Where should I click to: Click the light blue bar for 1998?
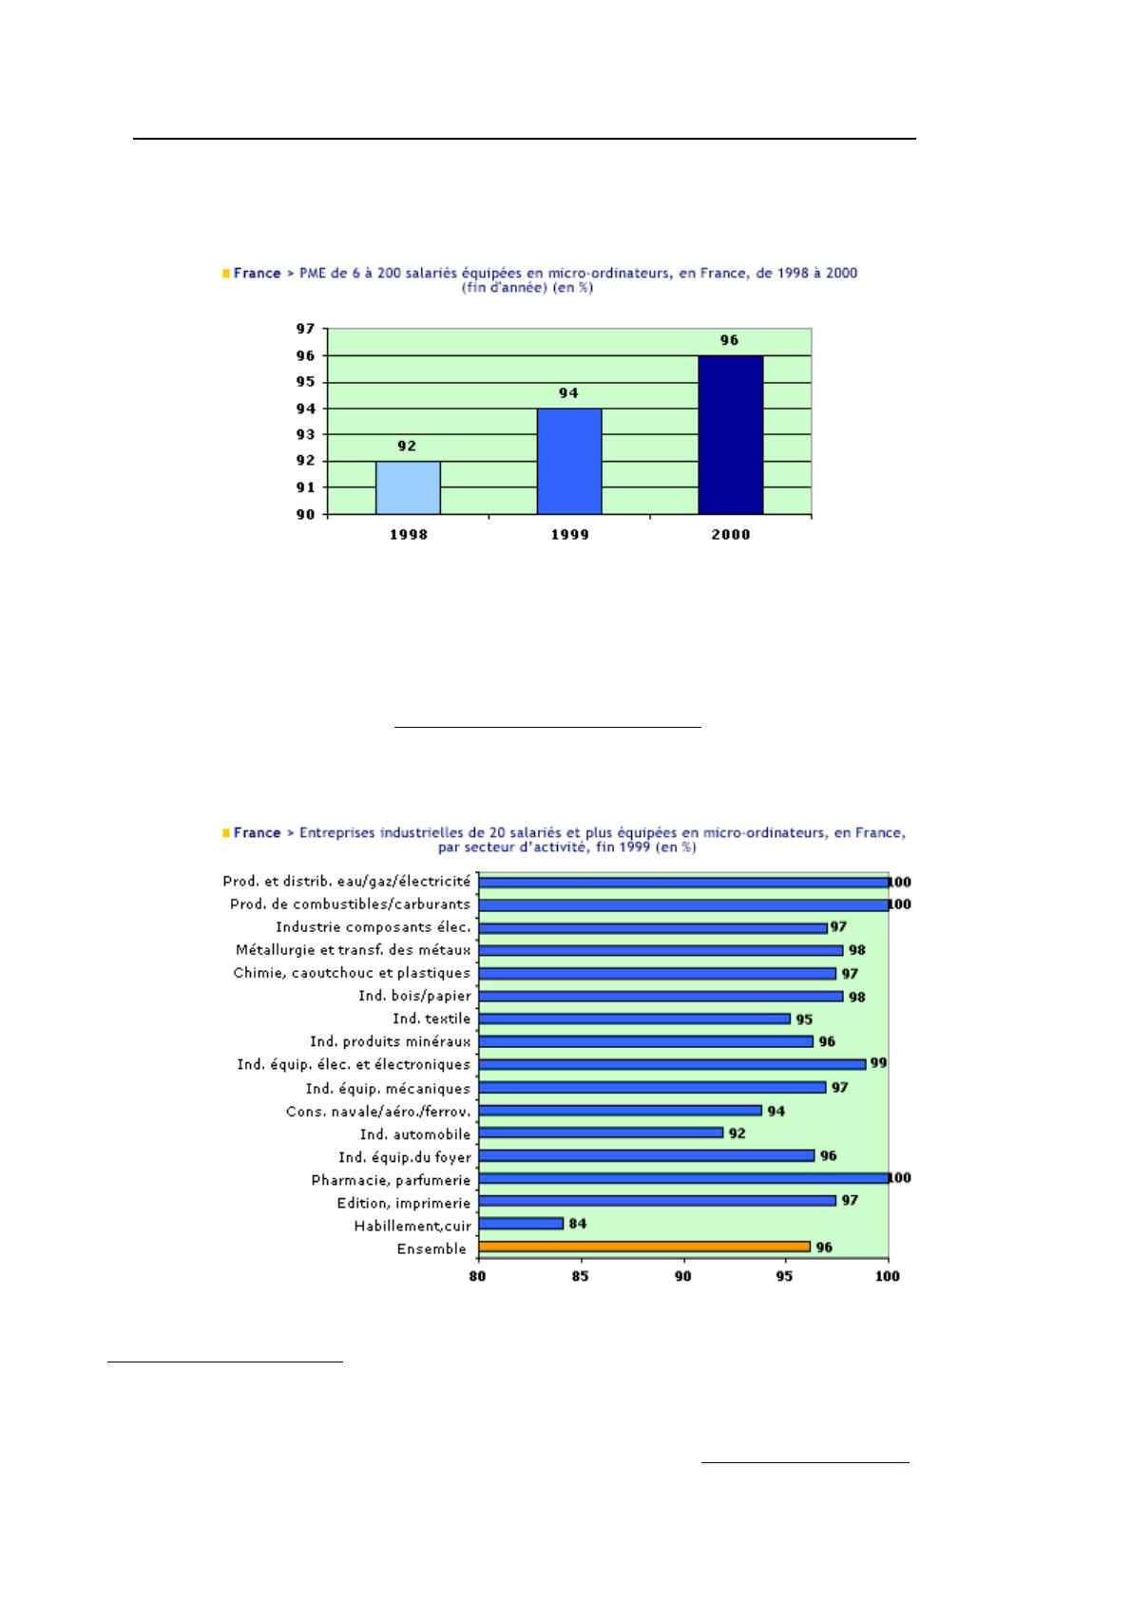(408, 487)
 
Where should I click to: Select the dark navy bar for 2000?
(730, 435)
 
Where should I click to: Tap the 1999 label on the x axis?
(569, 535)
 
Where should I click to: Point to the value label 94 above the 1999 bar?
(568, 392)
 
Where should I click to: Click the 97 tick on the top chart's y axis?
(306, 329)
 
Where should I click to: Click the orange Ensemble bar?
(643, 1247)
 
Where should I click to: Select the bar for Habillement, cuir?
(521, 1224)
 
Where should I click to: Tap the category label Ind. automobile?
(415, 1134)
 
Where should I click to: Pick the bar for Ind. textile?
(635, 1019)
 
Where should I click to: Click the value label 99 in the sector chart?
(878, 1063)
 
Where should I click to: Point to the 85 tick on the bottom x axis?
(580, 1275)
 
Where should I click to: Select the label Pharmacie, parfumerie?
(391, 1181)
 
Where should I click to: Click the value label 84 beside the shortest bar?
(577, 1224)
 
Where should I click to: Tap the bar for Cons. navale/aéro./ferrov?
(621, 1110)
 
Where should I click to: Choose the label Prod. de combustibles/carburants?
(350, 905)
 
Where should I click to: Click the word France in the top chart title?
(257, 273)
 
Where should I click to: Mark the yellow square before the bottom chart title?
(226, 833)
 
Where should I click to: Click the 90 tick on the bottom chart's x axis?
(683, 1275)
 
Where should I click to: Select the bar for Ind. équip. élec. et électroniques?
(672, 1064)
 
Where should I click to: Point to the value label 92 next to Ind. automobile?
(738, 1133)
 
